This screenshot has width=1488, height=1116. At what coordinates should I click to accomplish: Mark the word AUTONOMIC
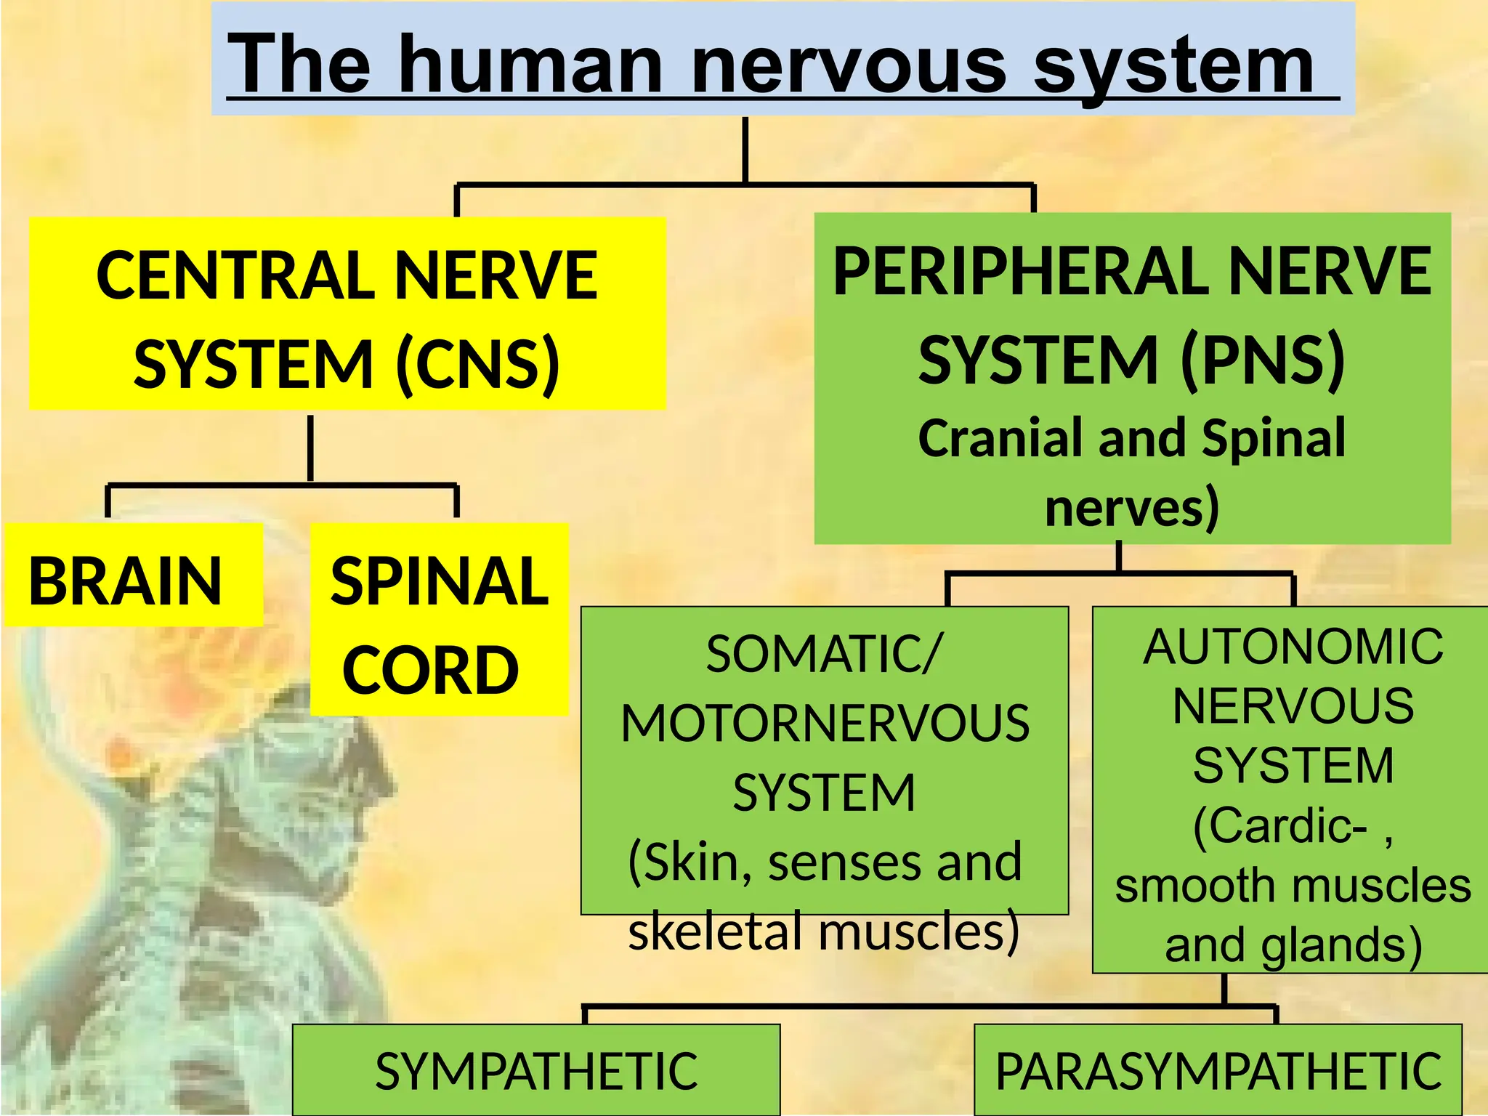[1293, 647]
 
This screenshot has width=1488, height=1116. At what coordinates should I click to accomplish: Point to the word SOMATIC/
[824, 654]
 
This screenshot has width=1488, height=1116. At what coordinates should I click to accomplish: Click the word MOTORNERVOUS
[825, 724]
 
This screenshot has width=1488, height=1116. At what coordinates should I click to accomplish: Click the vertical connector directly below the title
[745, 150]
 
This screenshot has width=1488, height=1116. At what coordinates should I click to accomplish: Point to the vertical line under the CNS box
[310, 448]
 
